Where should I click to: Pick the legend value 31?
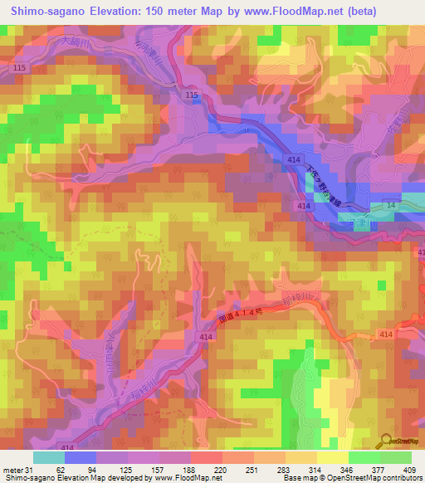(x=32, y=470)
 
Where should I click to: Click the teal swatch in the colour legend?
(x=48, y=457)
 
